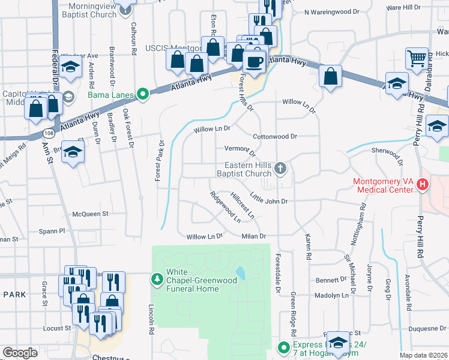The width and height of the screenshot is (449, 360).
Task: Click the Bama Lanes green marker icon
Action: [142, 94]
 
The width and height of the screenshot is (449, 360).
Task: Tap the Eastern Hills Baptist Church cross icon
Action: [280, 169]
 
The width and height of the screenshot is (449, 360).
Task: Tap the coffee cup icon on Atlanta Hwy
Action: [255, 62]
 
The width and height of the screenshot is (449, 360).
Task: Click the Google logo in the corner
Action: [20, 353]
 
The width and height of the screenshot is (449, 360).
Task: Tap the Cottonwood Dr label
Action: [275, 136]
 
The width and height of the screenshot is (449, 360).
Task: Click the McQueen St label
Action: [90, 214]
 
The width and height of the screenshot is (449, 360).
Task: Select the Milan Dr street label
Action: [253, 236]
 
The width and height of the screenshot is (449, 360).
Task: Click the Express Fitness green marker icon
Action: [283, 347]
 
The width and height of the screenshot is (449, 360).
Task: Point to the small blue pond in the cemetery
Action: [241, 274]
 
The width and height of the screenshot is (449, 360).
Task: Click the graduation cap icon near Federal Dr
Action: [71, 68]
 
